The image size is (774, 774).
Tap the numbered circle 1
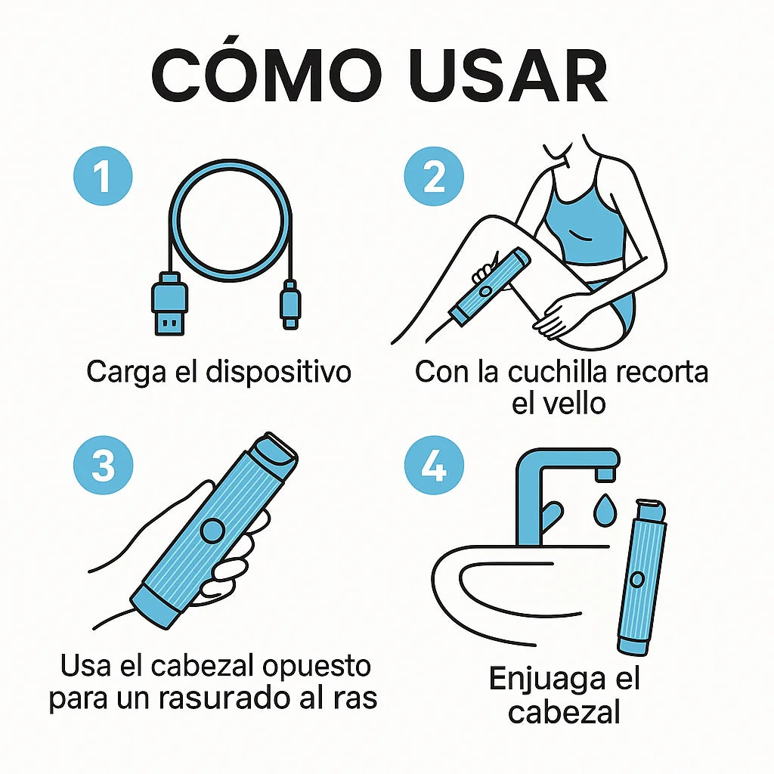[x=103, y=178]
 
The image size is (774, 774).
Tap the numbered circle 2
[x=434, y=178]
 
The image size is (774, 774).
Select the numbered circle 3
[x=103, y=465]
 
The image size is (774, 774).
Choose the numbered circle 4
[x=434, y=465]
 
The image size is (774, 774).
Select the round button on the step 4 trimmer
[x=637, y=579]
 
